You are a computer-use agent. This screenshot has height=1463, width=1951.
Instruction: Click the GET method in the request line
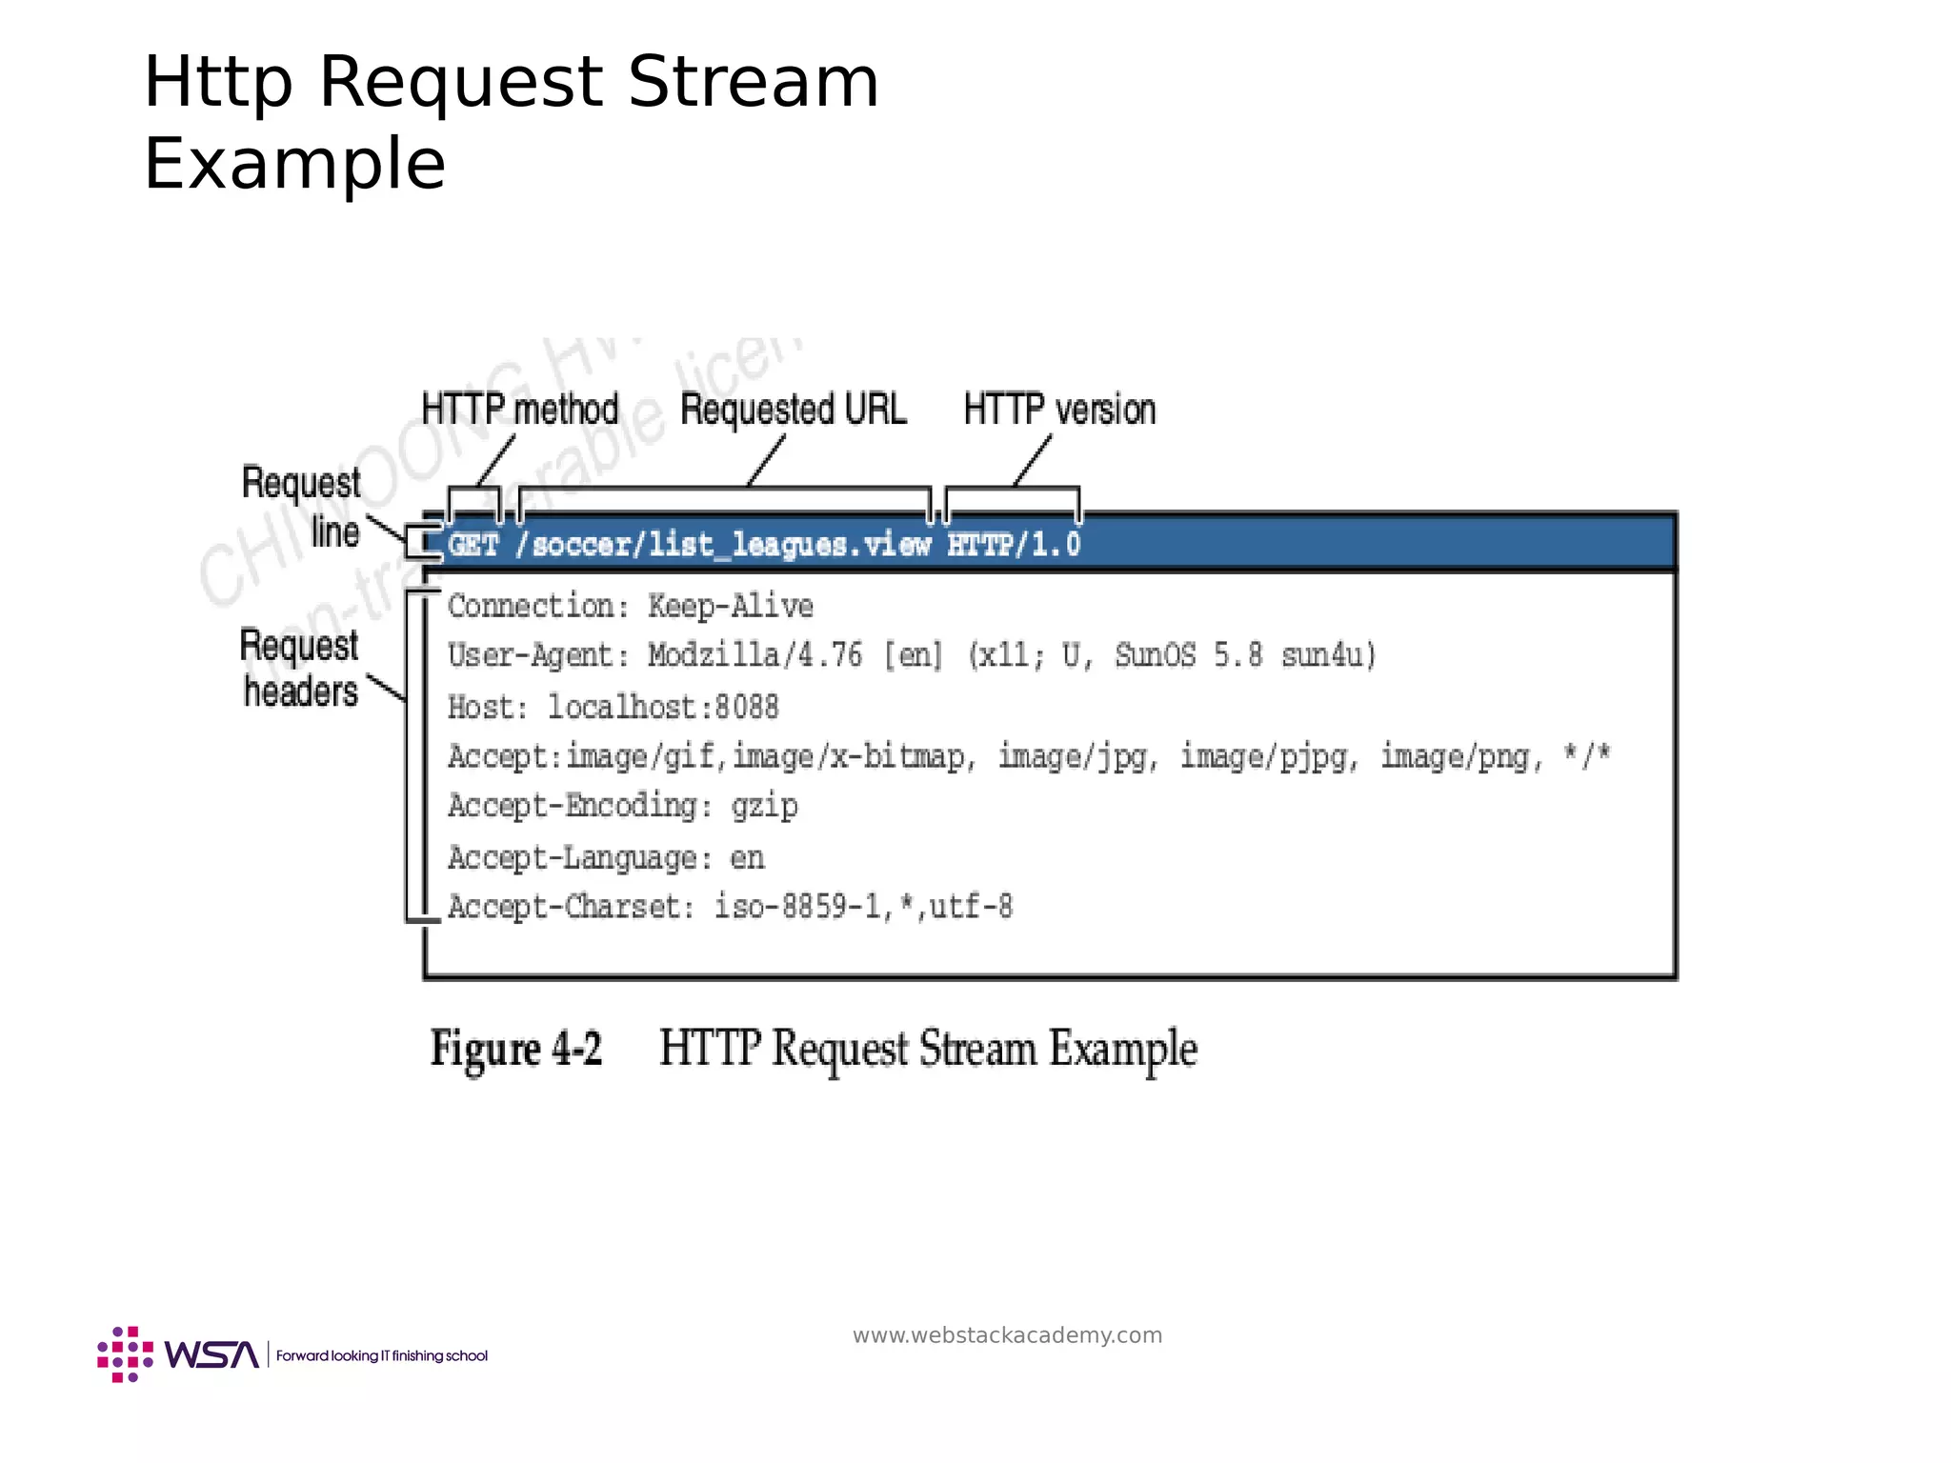point(473,545)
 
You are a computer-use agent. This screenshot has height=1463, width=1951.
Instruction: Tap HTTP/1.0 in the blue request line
point(1014,545)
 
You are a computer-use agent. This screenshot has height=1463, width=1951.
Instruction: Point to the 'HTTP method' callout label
point(520,410)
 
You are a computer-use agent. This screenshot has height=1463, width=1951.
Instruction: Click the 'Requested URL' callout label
point(793,410)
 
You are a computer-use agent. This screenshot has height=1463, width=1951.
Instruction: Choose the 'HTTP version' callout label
point(1059,410)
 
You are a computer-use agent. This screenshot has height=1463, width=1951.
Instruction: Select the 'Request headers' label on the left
point(300,669)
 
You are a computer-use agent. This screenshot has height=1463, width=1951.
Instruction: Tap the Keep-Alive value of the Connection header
point(731,607)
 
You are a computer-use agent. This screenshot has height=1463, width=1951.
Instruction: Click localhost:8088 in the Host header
point(663,708)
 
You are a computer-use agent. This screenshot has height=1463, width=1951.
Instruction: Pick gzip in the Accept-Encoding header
point(764,807)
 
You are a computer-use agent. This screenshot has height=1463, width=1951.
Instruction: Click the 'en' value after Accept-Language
point(748,858)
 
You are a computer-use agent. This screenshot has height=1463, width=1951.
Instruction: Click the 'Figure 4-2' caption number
point(516,1050)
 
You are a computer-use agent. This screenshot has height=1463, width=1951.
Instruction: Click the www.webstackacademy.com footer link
point(1007,1335)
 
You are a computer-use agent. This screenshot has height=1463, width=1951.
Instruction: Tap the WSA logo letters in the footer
point(211,1354)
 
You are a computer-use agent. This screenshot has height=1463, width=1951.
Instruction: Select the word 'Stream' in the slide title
point(753,82)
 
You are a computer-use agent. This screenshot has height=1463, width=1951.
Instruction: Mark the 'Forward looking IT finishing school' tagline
point(381,1355)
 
